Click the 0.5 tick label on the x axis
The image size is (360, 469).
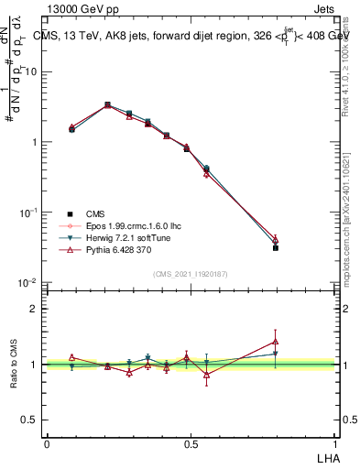tap(191, 443)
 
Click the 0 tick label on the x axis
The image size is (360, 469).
tap(47, 443)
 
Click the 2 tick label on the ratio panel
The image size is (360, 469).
tap(34, 309)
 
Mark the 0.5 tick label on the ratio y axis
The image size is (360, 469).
tap(30, 420)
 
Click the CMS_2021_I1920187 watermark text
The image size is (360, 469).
tap(191, 273)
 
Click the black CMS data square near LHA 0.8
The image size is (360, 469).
tap(276, 247)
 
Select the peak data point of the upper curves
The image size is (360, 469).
tap(107, 105)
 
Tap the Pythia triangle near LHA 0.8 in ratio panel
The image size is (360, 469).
tap(276, 341)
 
